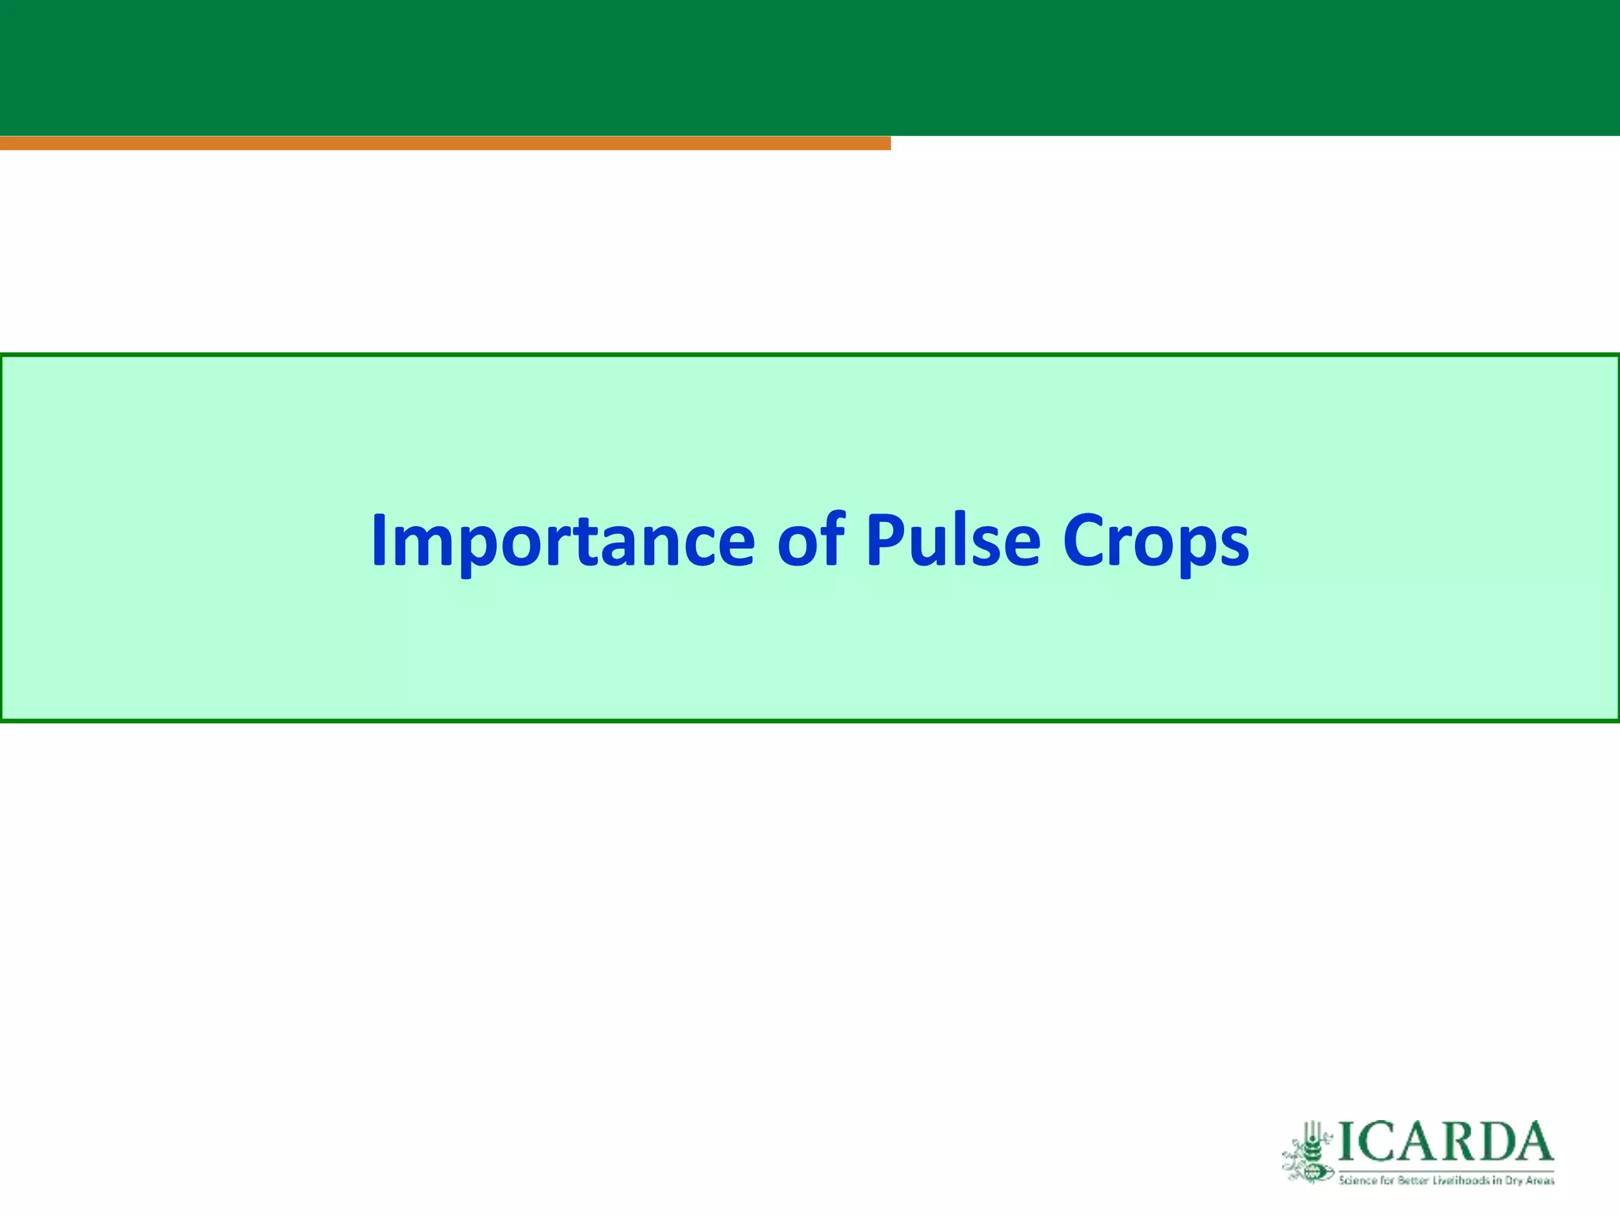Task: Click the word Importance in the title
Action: [x=563, y=541]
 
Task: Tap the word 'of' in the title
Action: [x=811, y=541]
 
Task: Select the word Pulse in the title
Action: [x=952, y=541]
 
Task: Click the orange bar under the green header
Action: [x=443, y=143]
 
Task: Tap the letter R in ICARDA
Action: [x=1457, y=1141]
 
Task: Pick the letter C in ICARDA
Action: [x=1376, y=1141]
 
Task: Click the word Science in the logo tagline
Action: [x=1358, y=1181]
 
